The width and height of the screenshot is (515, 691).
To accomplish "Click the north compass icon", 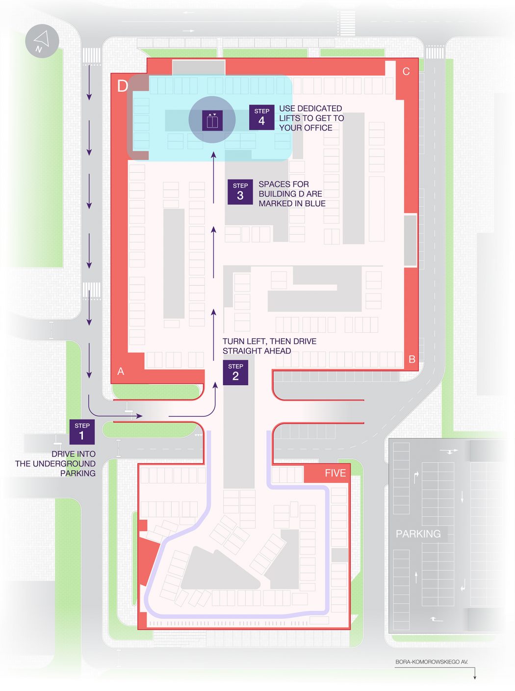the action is [x=42, y=41].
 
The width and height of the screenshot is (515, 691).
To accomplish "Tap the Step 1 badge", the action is [x=82, y=431].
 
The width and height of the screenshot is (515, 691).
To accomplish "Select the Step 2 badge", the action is [x=235, y=372].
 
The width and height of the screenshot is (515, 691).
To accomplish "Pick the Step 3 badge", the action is [x=240, y=192].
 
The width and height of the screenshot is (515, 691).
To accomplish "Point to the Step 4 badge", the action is [x=261, y=117].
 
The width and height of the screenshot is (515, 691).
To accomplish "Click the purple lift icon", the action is [x=212, y=121].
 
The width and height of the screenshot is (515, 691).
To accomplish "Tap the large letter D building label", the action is [x=123, y=85].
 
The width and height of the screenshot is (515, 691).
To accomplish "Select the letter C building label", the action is [x=406, y=72].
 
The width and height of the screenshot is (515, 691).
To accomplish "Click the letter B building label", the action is [x=412, y=359].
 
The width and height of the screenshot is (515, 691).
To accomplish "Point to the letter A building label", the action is [x=121, y=372].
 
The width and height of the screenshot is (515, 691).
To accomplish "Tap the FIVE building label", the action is [x=335, y=473].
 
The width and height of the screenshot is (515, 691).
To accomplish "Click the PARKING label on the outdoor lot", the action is [x=418, y=534].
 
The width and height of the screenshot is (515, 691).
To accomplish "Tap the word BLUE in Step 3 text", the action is [x=315, y=204].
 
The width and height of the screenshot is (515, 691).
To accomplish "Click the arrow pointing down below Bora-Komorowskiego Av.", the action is [x=474, y=673].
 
